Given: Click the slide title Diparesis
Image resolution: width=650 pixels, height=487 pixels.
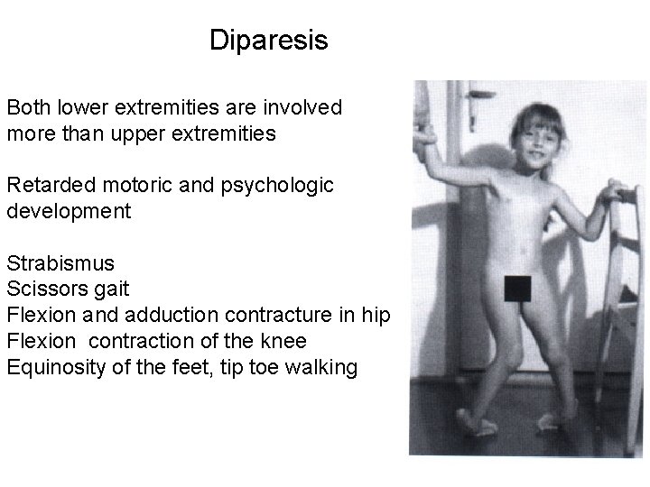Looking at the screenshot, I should (x=268, y=41).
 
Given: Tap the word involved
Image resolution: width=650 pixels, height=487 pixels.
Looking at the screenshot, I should (x=302, y=108).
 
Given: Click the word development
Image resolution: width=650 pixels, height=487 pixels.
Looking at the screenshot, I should (x=69, y=212).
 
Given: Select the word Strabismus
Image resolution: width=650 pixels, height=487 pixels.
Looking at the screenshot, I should (x=60, y=264).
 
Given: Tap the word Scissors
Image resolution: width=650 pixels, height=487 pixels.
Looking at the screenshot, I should (x=46, y=290).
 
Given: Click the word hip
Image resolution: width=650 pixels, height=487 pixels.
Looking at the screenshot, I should (x=376, y=317).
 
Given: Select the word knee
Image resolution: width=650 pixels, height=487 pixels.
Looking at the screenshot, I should (x=283, y=342).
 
